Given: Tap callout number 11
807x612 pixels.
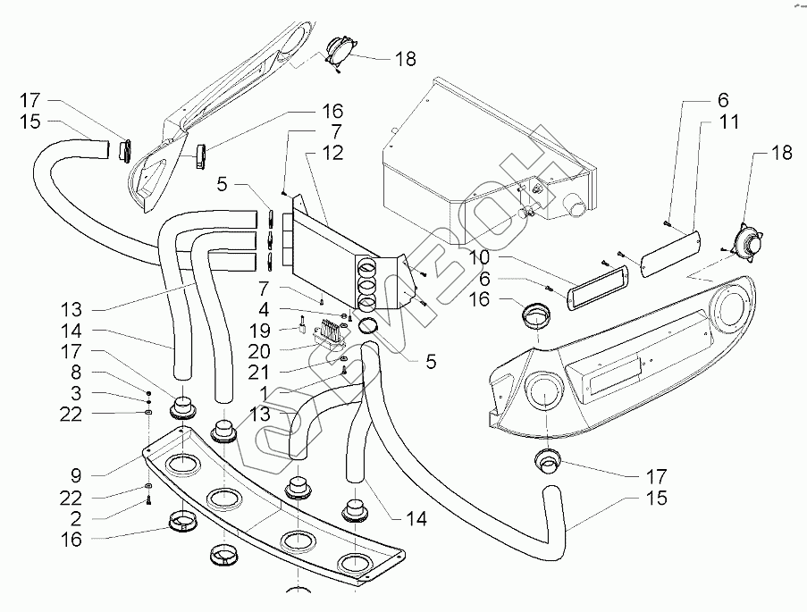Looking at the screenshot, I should click(729, 122).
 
